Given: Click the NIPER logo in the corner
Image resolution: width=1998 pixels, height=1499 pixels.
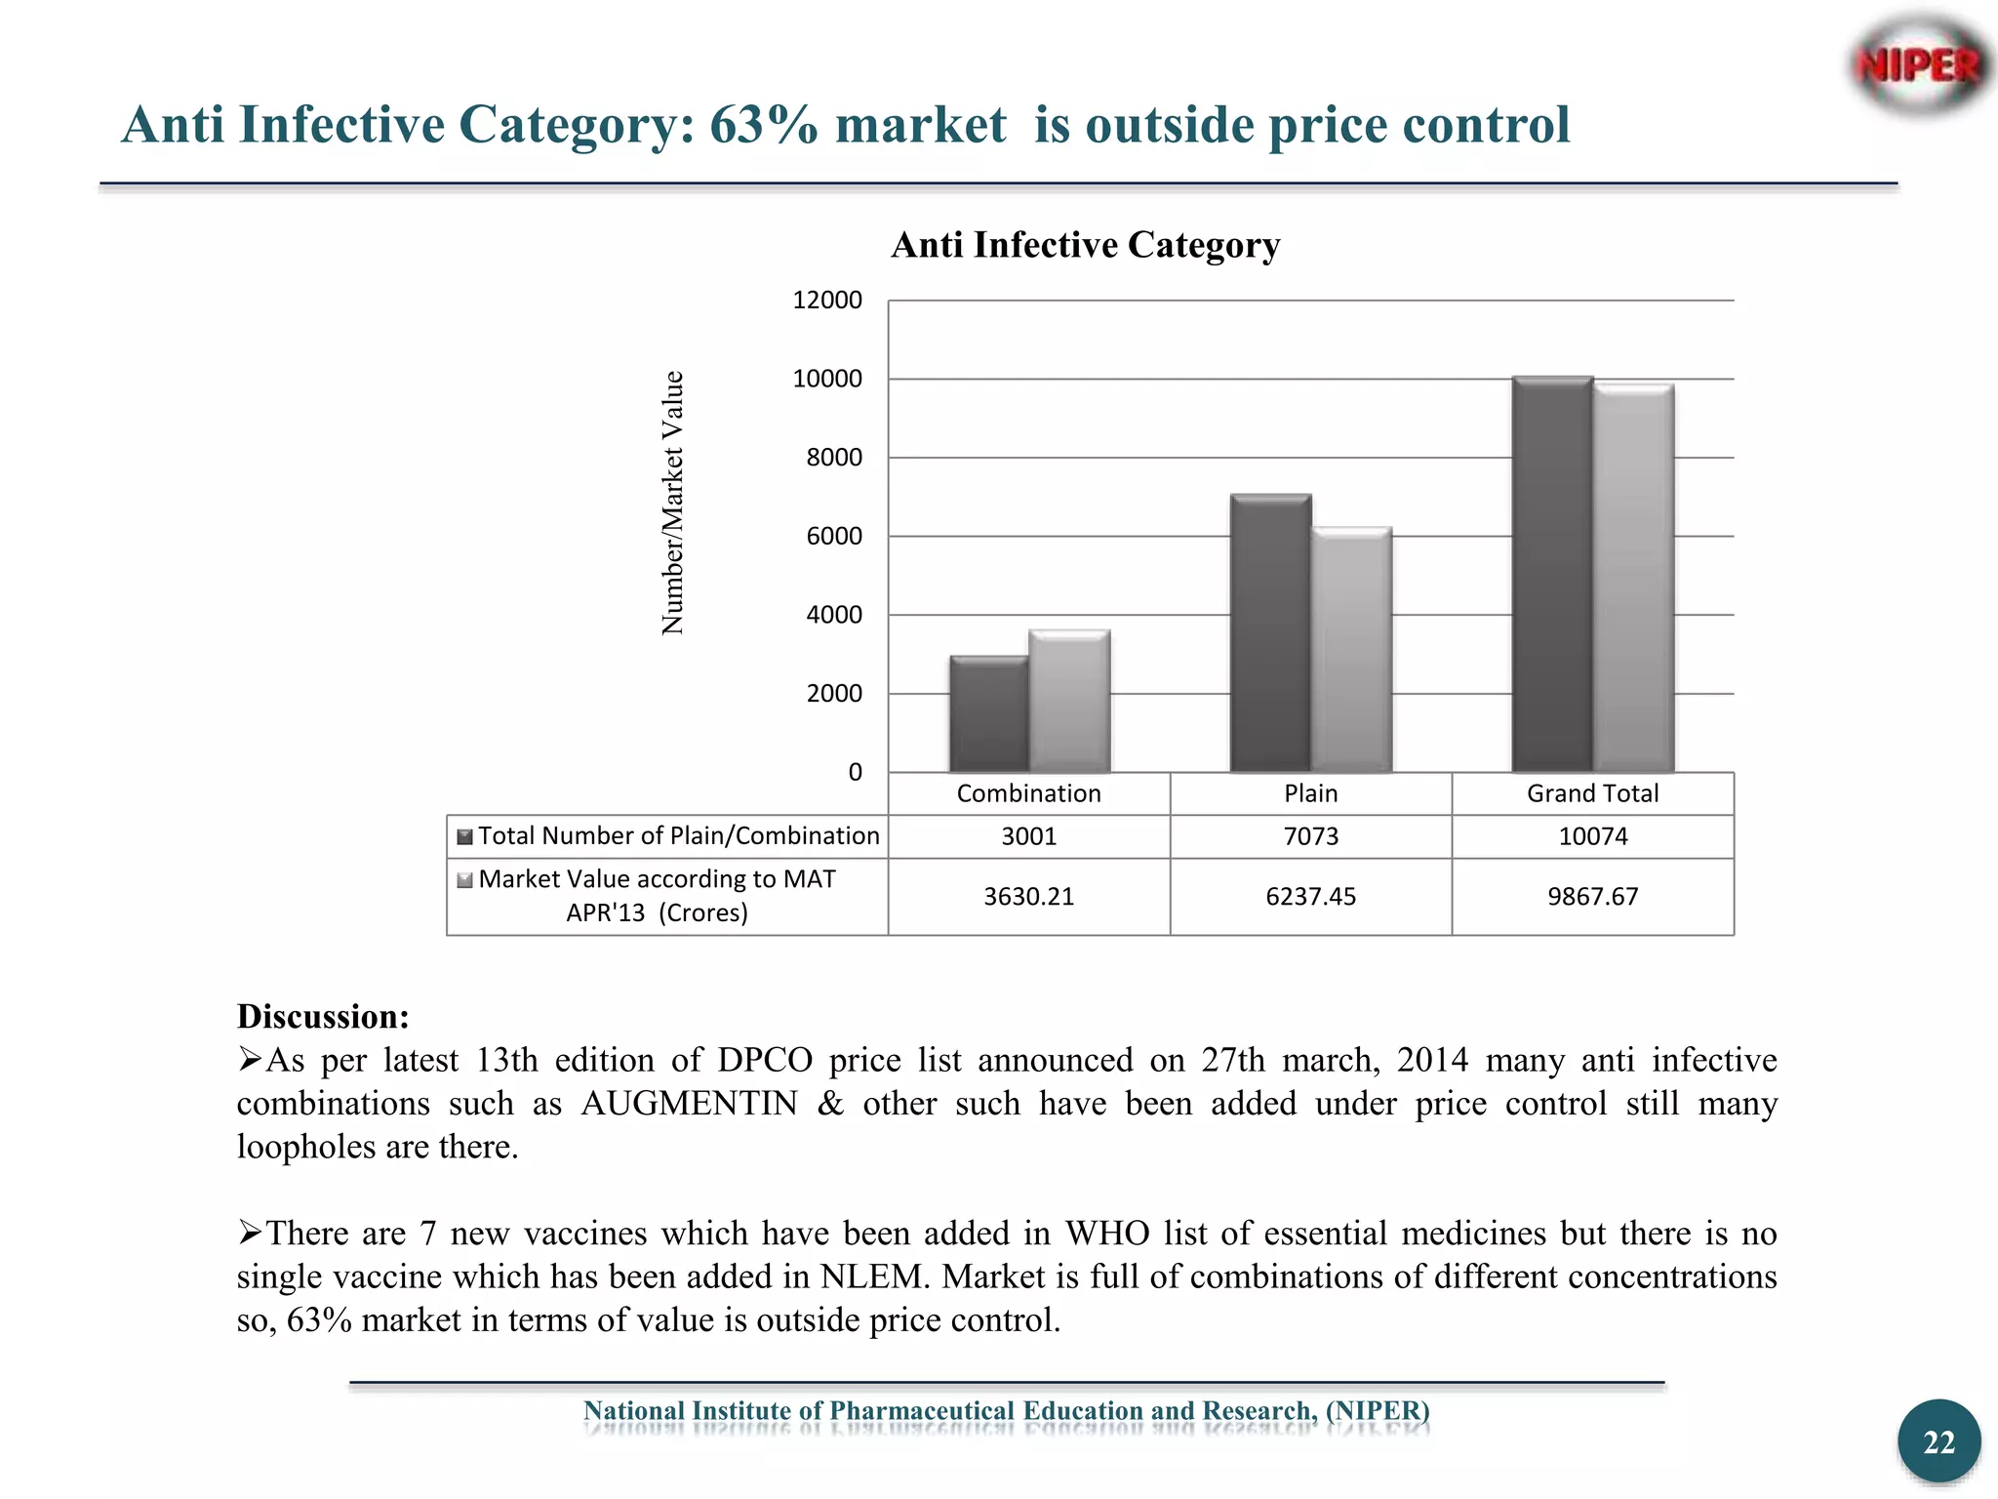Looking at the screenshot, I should [1918, 66].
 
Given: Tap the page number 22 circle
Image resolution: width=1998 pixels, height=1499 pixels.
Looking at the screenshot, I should [1938, 1441].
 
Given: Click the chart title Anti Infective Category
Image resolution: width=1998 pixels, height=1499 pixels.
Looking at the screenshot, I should [1085, 245].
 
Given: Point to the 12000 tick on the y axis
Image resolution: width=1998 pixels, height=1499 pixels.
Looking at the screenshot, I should [826, 301].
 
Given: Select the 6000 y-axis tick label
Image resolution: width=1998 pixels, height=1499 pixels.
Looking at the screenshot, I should [833, 537].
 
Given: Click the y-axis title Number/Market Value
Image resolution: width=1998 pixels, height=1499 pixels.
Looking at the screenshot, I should [672, 503].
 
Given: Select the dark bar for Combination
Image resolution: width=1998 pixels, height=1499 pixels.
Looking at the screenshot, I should [988, 714].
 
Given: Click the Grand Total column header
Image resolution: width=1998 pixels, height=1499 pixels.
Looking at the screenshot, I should [1592, 793].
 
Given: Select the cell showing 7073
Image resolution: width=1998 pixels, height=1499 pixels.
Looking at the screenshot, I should [1310, 836].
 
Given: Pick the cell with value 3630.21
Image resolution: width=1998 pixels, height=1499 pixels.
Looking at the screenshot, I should [1028, 897].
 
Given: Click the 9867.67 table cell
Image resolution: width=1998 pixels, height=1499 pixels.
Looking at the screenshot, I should [1592, 897].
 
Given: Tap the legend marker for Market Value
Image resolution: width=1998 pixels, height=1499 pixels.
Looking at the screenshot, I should [465, 880].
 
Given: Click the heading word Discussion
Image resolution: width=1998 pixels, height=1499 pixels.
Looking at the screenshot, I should [322, 1017].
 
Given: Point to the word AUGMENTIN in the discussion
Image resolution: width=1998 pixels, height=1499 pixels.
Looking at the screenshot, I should [689, 1104].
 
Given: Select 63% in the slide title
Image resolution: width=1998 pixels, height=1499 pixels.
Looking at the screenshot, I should [763, 125].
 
